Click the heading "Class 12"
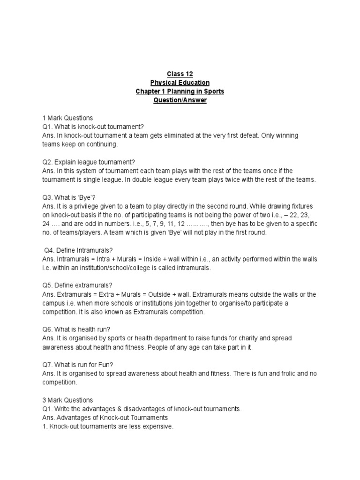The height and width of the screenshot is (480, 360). coord(180,74)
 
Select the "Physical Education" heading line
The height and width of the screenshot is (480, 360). coord(180,82)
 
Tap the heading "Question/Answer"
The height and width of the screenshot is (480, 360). coord(180,100)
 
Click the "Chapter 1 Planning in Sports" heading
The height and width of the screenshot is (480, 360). coord(180,91)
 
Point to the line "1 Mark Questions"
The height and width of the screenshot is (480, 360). coord(67,118)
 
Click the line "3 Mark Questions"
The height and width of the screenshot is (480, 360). coord(67,400)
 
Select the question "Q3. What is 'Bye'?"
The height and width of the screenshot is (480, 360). coord(66,197)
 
